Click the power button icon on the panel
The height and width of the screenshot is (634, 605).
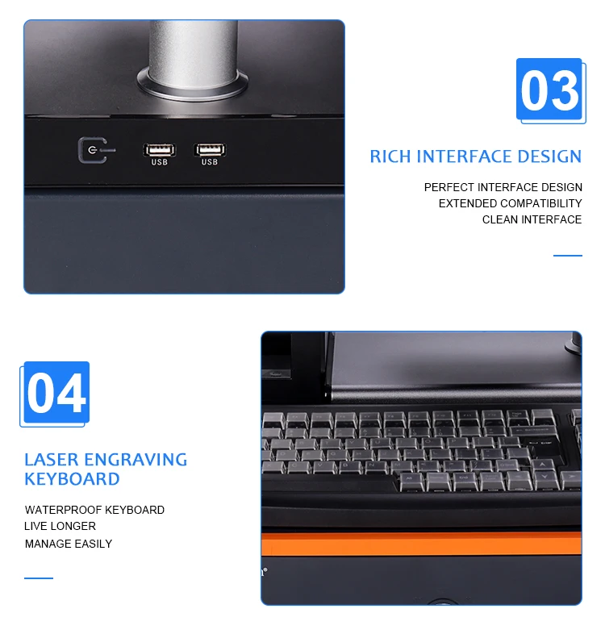[x=92, y=151]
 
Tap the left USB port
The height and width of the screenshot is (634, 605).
[x=159, y=150]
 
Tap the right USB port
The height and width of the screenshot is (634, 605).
[x=210, y=150]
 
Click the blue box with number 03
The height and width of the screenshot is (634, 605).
[x=549, y=90]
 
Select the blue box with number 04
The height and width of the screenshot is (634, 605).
[x=56, y=393]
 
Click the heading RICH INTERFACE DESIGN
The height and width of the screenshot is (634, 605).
[x=475, y=156]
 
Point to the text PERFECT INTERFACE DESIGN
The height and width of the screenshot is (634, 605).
[x=503, y=187]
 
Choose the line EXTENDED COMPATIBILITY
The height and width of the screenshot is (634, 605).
[x=510, y=203]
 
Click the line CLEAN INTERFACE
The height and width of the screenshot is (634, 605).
[x=532, y=219]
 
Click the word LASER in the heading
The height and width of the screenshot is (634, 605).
[x=51, y=460]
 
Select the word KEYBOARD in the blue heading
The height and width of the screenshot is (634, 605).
[x=72, y=479]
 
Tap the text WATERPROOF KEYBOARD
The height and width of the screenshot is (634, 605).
[x=94, y=510]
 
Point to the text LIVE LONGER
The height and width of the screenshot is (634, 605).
[x=60, y=526]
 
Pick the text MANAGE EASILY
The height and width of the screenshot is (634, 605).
[x=69, y=544]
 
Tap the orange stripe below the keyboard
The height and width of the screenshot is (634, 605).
[x=420, y=544]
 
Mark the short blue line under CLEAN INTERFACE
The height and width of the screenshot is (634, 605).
[x=567, y=256]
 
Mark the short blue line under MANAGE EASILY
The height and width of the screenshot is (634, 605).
[x=39, y=578]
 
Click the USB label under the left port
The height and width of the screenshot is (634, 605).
[x=159, y=163]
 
